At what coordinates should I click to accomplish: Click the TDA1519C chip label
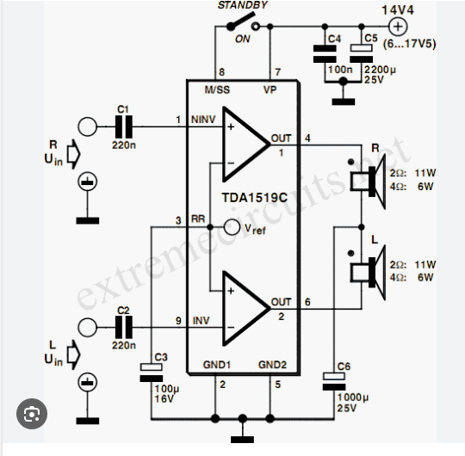(254, 198)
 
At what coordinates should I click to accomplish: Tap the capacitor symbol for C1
(124, 126)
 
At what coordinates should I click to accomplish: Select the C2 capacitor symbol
(124, 327)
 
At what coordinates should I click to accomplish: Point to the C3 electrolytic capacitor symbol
(152, 373)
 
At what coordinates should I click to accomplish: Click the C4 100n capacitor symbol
(325, 53)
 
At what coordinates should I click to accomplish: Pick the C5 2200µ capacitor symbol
(361, 53)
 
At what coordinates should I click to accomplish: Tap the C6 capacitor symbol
(334, 382)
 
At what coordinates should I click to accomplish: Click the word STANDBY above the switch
(243, 5)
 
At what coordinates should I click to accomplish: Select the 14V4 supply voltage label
(397, 10)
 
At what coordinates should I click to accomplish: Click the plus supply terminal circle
(398, 27)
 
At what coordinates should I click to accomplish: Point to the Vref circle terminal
(232, 227)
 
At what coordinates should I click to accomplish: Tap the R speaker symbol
(368, 182)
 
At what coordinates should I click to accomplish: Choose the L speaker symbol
(368, 273)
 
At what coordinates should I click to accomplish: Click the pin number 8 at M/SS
(222, 72)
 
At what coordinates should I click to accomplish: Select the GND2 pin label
(272, 365)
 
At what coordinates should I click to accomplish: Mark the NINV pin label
(203, 120)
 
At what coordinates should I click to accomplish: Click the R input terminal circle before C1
(87, 126)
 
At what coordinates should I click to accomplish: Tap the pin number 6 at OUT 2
(307, 302)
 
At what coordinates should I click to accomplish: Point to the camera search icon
(32, 414)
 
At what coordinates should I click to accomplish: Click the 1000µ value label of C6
(352, 397)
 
